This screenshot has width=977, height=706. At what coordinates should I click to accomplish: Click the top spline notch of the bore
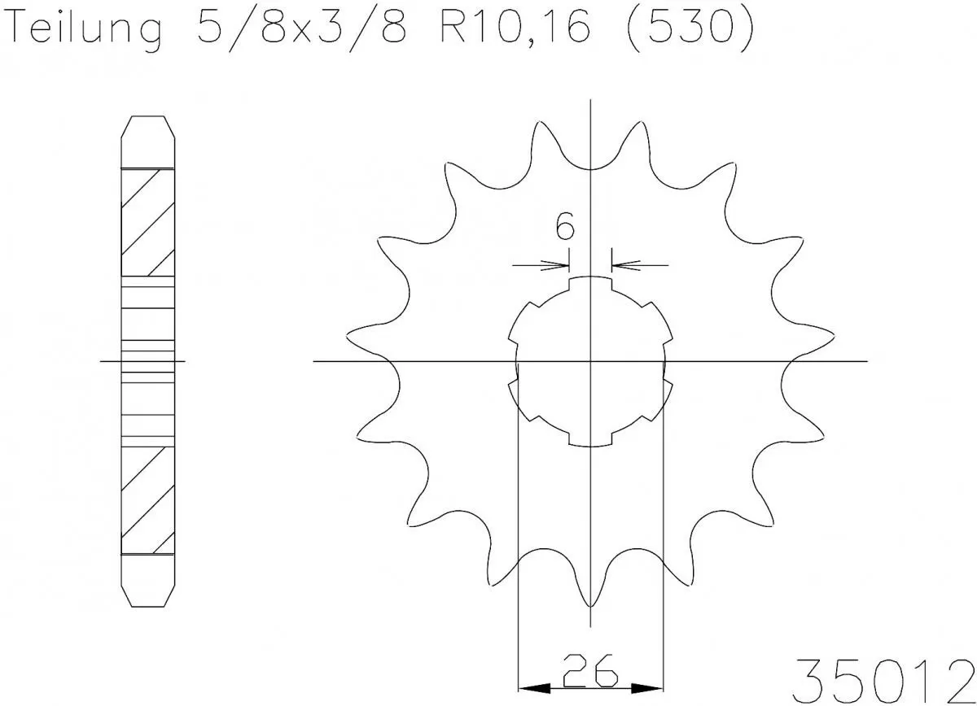(x=591, y=281)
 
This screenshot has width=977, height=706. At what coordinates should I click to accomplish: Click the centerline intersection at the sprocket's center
(x=591, y=360)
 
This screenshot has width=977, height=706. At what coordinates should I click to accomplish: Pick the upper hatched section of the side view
(x=147, y=222)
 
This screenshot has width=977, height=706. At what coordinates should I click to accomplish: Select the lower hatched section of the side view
(x=147, y=499)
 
